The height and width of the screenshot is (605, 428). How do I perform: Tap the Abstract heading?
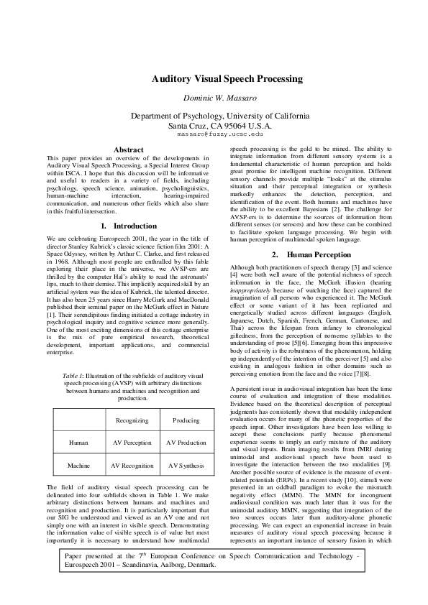coord(129,149)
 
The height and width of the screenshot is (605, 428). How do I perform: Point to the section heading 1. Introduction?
coord(129,226)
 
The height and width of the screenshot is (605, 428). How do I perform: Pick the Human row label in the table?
coord(78,443)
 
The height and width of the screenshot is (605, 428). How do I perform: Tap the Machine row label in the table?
coord(78,466)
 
